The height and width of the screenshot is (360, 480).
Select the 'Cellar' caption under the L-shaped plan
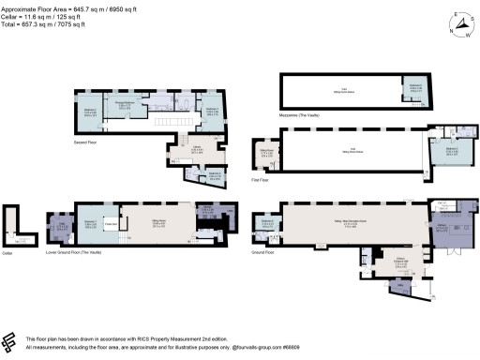tap(8, 252)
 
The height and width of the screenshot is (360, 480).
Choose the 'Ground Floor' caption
tap(264, 251)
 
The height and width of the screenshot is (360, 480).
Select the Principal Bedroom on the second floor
tap(122, 105)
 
